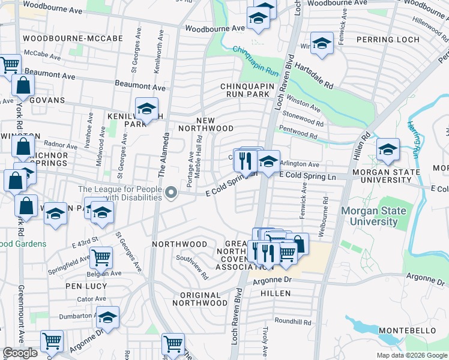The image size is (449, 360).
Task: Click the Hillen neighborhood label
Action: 276,293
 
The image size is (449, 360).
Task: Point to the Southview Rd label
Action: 191,268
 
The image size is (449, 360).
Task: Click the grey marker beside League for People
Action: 172,193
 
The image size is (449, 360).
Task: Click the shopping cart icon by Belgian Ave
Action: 101,257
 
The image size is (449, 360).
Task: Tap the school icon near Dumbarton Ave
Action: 108,317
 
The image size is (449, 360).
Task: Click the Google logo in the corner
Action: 20,353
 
